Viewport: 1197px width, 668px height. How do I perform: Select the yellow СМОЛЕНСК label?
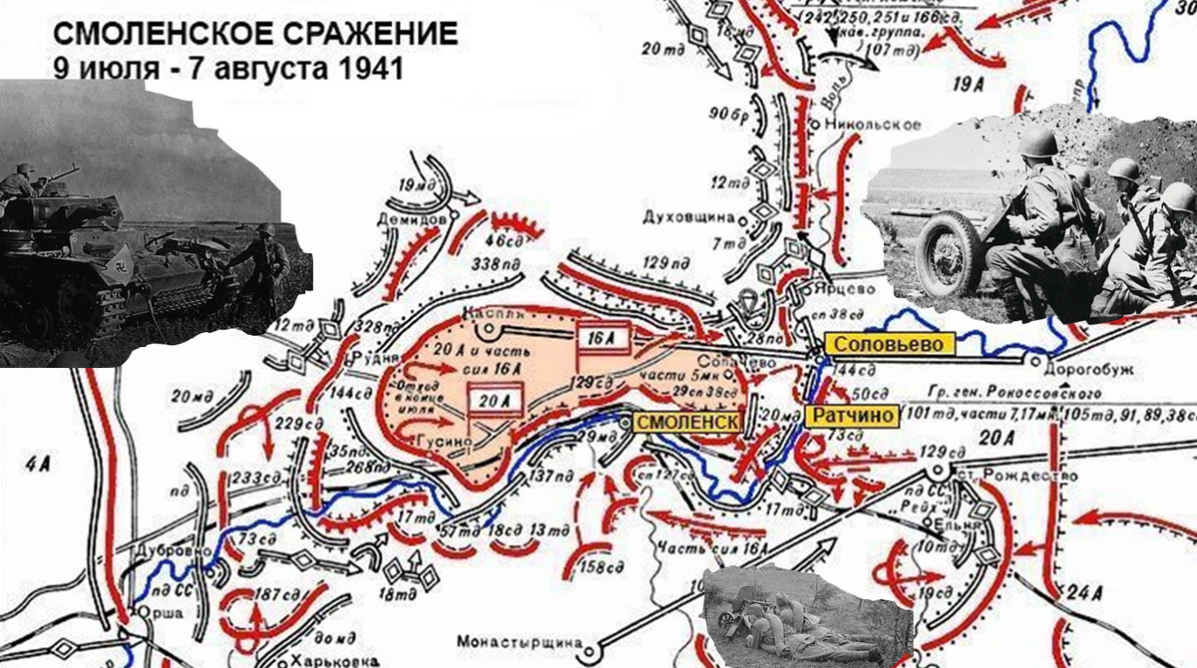tap(686, 422)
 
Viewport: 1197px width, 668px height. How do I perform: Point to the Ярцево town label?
tap(843, 288)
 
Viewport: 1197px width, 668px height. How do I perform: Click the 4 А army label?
tap(39, 462)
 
